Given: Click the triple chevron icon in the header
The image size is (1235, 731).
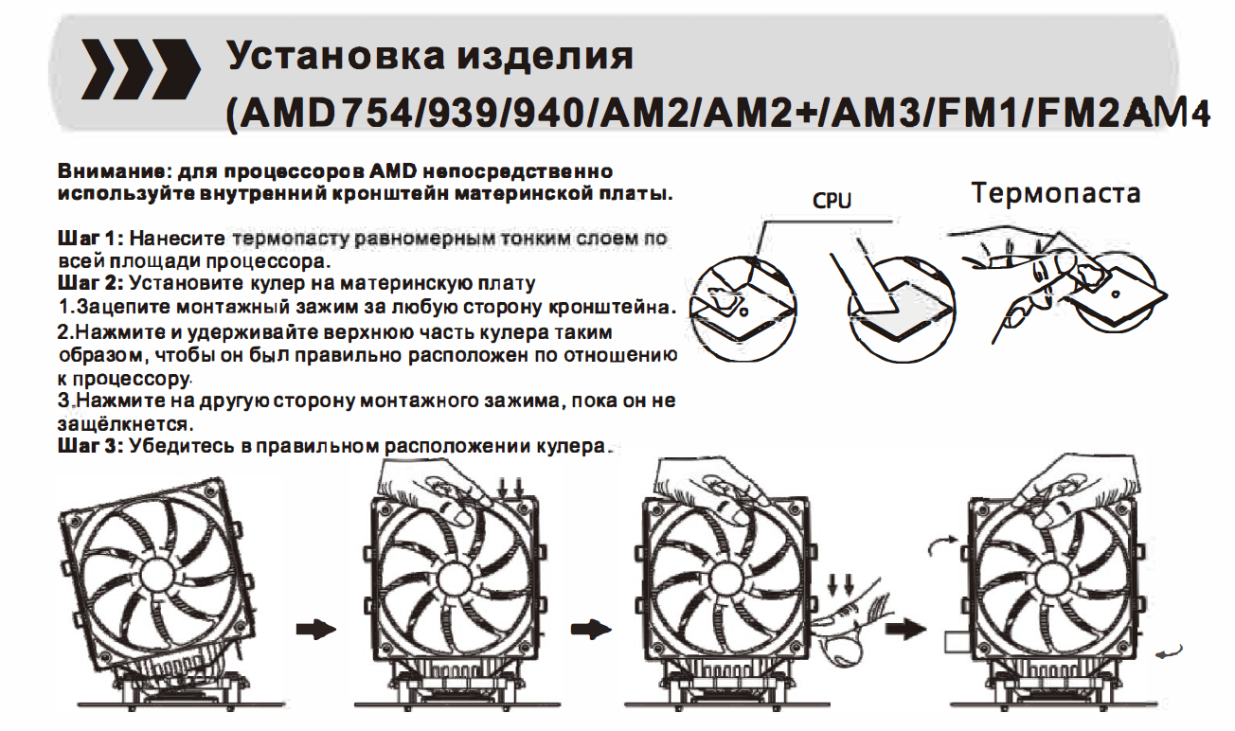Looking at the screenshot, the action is (140, 69).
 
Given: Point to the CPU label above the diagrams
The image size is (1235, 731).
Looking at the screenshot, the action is (832, 200).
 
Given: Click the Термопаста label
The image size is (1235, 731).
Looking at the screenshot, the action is (1055, 193).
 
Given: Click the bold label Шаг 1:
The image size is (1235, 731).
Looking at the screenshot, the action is (92, 239).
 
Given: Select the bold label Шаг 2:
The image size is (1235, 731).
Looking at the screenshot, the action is (92, 283).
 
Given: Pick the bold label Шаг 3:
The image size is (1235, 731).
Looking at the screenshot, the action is (92, 445).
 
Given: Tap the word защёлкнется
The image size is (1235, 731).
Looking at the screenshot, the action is (126, 423).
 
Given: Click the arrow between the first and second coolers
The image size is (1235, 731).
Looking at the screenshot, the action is (316, 630).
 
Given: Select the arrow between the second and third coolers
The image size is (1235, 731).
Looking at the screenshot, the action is (591, 630).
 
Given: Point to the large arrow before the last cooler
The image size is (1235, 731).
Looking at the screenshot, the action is (905, 629).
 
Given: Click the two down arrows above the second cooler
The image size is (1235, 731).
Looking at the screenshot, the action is (510, 489).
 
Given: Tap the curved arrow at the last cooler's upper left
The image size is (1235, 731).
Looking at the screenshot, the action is (943, 544).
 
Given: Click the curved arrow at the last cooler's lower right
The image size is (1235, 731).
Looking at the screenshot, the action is (1169, 651).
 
